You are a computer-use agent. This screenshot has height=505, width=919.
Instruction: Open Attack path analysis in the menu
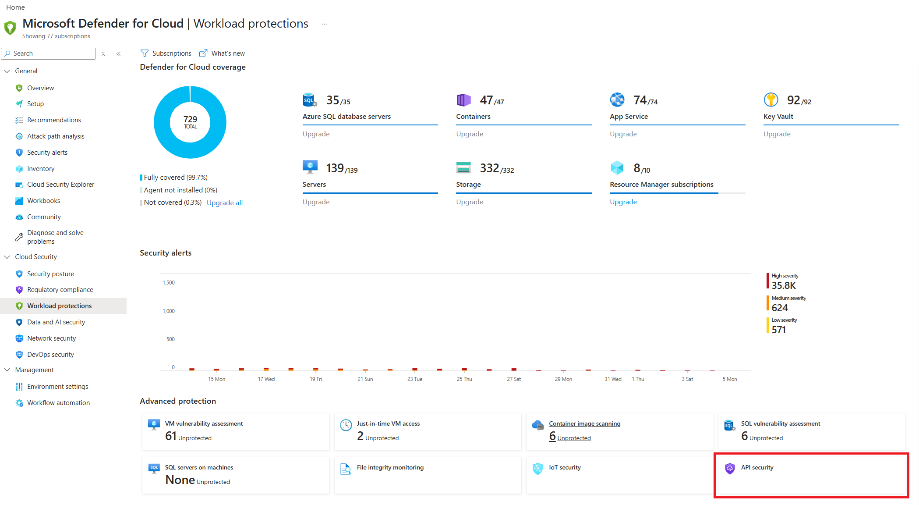56,136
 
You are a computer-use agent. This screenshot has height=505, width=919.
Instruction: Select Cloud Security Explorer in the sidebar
60,185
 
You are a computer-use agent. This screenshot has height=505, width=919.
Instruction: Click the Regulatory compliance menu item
60,290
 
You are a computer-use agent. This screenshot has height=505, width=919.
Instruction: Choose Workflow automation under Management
58,403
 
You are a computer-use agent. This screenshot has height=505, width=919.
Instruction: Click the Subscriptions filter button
166,53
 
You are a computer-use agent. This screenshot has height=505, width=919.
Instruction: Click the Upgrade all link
225,203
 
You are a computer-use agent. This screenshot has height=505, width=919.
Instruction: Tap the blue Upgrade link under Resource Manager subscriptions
623,202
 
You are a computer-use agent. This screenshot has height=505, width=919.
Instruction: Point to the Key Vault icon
771,100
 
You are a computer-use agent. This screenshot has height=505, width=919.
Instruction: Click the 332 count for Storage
489,168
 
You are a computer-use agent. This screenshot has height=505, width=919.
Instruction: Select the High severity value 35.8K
784,286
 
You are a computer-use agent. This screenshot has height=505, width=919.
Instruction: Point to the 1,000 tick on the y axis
169,311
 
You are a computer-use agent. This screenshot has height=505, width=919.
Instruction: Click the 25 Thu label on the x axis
464,379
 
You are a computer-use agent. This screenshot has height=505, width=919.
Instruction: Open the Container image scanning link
584,424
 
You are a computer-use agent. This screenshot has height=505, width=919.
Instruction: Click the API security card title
757,468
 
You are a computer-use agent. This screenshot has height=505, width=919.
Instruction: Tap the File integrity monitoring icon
346,469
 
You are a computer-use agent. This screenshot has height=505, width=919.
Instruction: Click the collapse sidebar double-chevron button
119,53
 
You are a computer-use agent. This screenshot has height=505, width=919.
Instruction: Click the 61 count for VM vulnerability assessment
171,436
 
